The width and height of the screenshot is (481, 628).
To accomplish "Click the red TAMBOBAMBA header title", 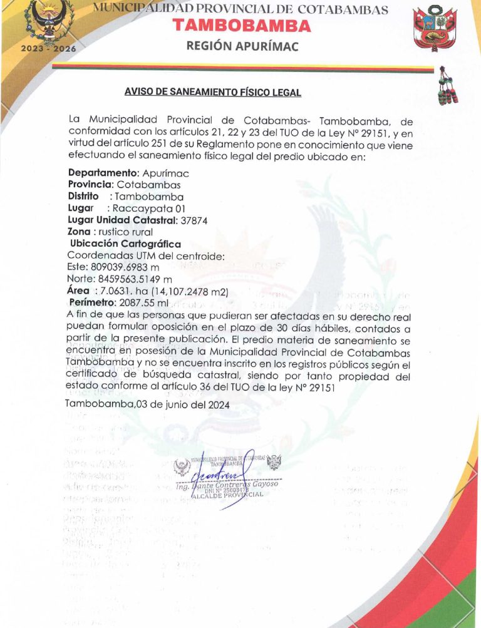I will (242, 26).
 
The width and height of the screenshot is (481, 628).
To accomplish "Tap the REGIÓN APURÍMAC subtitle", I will (242, 46).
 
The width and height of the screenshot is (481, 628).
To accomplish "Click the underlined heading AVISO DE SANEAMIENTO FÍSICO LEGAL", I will (213, 92).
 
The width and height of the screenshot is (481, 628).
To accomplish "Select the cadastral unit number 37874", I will (194, 220).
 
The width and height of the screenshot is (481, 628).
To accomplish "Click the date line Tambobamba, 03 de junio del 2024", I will (147, 404).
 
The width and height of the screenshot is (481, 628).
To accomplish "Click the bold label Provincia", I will (90, 185).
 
